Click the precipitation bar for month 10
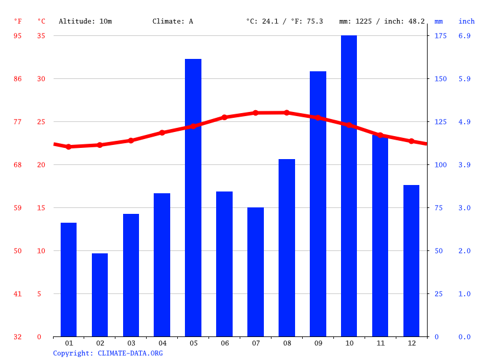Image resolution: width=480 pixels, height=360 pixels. pos(349,186)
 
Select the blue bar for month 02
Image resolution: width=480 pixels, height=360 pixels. pos(100,295)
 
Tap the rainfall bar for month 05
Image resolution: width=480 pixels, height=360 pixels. pos(193,197)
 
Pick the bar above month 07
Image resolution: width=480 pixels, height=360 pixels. pos(256,272)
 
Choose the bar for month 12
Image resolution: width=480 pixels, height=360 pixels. pos(411,260)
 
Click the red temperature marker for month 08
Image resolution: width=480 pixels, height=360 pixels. pos(287,113)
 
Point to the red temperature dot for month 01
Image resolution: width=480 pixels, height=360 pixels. pos(68,147)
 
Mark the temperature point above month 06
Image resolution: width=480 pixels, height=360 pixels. pos(224,117)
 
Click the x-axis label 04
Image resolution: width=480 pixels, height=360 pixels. pos(162,343)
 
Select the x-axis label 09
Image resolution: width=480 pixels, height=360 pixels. pos(318,343)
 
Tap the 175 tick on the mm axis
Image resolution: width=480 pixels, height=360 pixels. pos(440,36)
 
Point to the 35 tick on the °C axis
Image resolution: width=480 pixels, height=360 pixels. pos(41,36)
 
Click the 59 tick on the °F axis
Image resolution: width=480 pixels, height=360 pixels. pos(18,208)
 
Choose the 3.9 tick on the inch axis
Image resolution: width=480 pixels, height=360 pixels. pos(464,165)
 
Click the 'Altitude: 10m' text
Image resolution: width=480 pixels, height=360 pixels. pos(85,21)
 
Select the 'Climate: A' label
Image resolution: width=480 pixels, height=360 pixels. pos(173,21)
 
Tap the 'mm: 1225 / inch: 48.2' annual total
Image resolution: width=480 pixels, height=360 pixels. pos(382,21)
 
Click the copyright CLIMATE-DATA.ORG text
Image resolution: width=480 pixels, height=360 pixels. pos(108,354)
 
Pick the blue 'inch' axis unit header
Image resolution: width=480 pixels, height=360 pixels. pos(466,21)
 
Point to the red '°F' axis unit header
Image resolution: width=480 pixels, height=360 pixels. pos(18,21)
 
